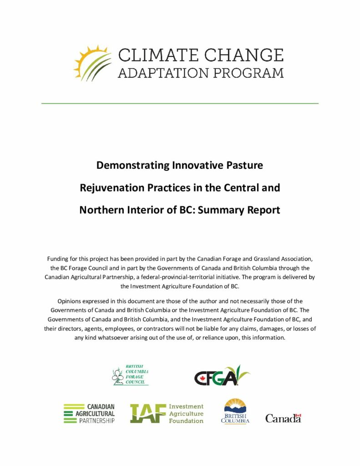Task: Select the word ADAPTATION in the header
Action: pos(161,72)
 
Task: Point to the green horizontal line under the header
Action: pos(180,103)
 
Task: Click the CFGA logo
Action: pos(222,376)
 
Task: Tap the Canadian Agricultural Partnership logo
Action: pos(89,413)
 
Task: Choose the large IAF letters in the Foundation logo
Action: pos(147,413)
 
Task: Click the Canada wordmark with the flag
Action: pos(283,418)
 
